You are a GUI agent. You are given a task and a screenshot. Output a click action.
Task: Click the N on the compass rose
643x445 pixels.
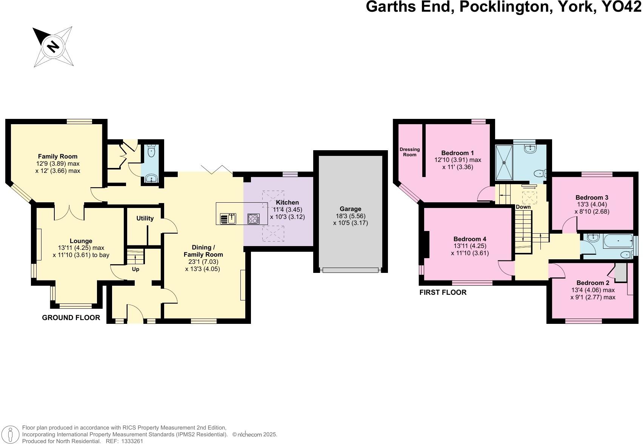(53, 46)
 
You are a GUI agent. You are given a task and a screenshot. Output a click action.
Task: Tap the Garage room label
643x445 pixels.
(350, 209)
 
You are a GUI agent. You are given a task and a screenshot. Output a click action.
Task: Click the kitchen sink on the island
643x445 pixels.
(228, 219)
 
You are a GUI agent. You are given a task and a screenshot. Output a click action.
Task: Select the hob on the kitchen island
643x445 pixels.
(254, 219)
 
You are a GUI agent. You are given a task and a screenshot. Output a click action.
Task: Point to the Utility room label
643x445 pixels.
(145, 218)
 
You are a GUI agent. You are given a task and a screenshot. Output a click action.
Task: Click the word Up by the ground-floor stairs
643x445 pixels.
(135, 269)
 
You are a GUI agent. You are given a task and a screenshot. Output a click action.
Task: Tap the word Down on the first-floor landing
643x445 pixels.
(523, 207)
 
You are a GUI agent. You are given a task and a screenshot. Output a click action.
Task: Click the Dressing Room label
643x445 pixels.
(409, 152)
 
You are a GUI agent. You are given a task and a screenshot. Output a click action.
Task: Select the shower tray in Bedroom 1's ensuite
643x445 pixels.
(504, 163)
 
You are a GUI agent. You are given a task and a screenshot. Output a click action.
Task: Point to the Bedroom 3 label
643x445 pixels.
(592, 197)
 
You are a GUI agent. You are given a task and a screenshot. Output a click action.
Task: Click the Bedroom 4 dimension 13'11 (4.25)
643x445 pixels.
(470, 246)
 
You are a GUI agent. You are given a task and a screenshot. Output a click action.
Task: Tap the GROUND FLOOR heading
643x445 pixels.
(71, 318)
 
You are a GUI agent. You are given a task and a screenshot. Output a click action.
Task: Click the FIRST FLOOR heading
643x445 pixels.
(443, 292)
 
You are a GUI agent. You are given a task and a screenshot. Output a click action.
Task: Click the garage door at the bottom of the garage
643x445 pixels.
(350, 270)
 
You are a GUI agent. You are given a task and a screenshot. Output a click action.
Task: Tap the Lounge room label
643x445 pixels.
(81, 241)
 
